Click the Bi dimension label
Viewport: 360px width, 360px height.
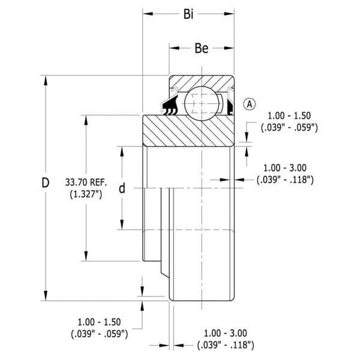(188, 14)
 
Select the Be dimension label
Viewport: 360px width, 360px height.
(202, 48)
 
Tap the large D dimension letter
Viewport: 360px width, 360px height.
(46, 183)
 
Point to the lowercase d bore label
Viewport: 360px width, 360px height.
(122, 188)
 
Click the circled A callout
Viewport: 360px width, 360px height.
(249, 104)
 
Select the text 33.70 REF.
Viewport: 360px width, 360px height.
(86, 182)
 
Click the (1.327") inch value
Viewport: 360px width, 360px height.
(86, 194)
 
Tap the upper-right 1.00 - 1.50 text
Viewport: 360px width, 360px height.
(289, 115)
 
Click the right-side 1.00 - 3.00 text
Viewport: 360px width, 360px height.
(284, 168)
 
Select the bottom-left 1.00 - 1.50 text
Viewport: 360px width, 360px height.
(99, 322)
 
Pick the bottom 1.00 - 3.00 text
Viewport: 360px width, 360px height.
(226, 333)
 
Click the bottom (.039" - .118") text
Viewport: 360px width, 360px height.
(226, 345)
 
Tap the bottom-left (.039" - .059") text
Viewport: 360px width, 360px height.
(99, 334)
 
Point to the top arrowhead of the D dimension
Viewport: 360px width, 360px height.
(46, 80)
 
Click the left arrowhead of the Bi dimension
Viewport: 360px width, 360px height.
(148, 14)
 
